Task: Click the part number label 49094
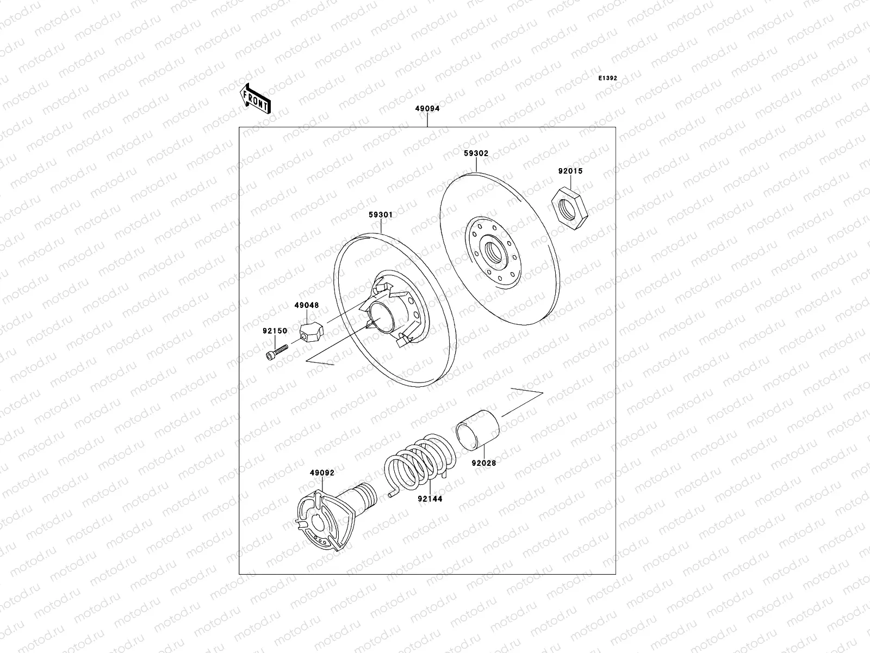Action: point(427,108)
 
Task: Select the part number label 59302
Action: point(476,153)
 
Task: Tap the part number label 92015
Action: point(570,171)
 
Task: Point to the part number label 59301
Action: point(381,215)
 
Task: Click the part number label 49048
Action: point(307,306)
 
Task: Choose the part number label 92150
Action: point(275,331)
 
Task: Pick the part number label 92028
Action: point(483,463)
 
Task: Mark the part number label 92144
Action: point(430,498)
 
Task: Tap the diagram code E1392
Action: point(607,78)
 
